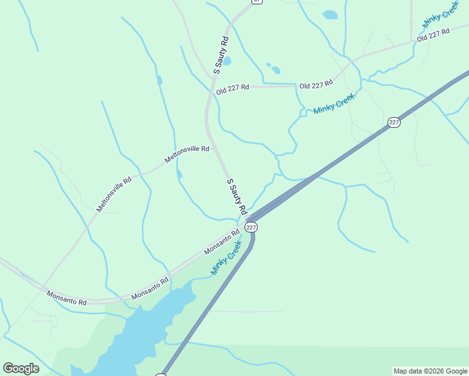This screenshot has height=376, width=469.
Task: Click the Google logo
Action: point(21,368)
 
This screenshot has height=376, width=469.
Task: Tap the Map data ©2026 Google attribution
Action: point(430,371)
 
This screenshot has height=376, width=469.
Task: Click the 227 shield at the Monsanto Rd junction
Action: point(251,227)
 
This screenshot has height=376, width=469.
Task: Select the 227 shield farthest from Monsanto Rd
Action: point(394,122)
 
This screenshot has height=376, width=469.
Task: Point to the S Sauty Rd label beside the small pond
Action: point(221,56)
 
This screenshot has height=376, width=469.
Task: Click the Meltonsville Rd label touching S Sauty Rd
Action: point(187,154)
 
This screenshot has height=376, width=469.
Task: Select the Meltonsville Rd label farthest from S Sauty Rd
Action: point(113,194)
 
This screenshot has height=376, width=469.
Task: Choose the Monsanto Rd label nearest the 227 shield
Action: point(222,243)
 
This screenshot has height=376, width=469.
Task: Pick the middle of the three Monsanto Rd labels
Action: point(150,288)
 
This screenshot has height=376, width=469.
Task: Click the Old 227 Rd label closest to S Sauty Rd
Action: point(233,90)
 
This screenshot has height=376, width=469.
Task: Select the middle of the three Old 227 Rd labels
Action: point(315,85)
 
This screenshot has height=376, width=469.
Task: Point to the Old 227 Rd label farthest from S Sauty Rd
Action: point(434,34)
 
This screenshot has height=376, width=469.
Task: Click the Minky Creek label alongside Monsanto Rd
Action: point(226,258)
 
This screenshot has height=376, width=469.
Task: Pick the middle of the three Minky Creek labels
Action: point(334,103)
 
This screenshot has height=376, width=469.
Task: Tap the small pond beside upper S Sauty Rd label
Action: point(227,61)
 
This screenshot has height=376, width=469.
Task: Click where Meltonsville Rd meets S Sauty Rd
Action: point(214,149)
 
